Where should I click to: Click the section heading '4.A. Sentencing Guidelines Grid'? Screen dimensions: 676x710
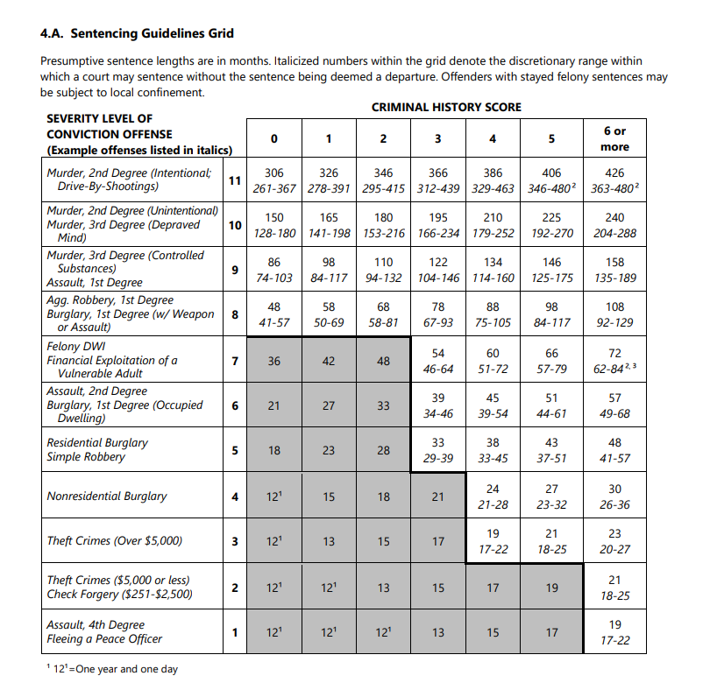click(138, 34)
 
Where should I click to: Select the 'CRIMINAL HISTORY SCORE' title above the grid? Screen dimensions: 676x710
click(446, 107)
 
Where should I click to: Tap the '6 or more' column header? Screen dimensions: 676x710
click(614, 138)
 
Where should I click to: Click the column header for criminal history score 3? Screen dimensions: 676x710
click(437, 138)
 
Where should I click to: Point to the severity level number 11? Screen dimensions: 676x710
click(234, 180)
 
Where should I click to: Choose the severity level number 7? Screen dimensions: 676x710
click(234, 361)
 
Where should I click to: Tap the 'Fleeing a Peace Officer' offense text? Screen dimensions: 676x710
click(104, 638)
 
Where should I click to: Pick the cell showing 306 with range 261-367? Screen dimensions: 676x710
click(273, 180)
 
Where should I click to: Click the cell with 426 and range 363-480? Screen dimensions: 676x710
click(614, 180)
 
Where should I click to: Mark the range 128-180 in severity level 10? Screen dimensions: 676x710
click(273, 234)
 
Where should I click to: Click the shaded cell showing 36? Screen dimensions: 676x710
click(273, 361)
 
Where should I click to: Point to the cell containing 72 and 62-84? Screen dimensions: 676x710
click(614, 361)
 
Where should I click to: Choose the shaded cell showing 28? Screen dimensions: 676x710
click(383, 450)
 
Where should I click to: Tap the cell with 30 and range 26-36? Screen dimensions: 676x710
click(614, 496)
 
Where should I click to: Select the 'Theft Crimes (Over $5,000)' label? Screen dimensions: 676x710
click(114, 541)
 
